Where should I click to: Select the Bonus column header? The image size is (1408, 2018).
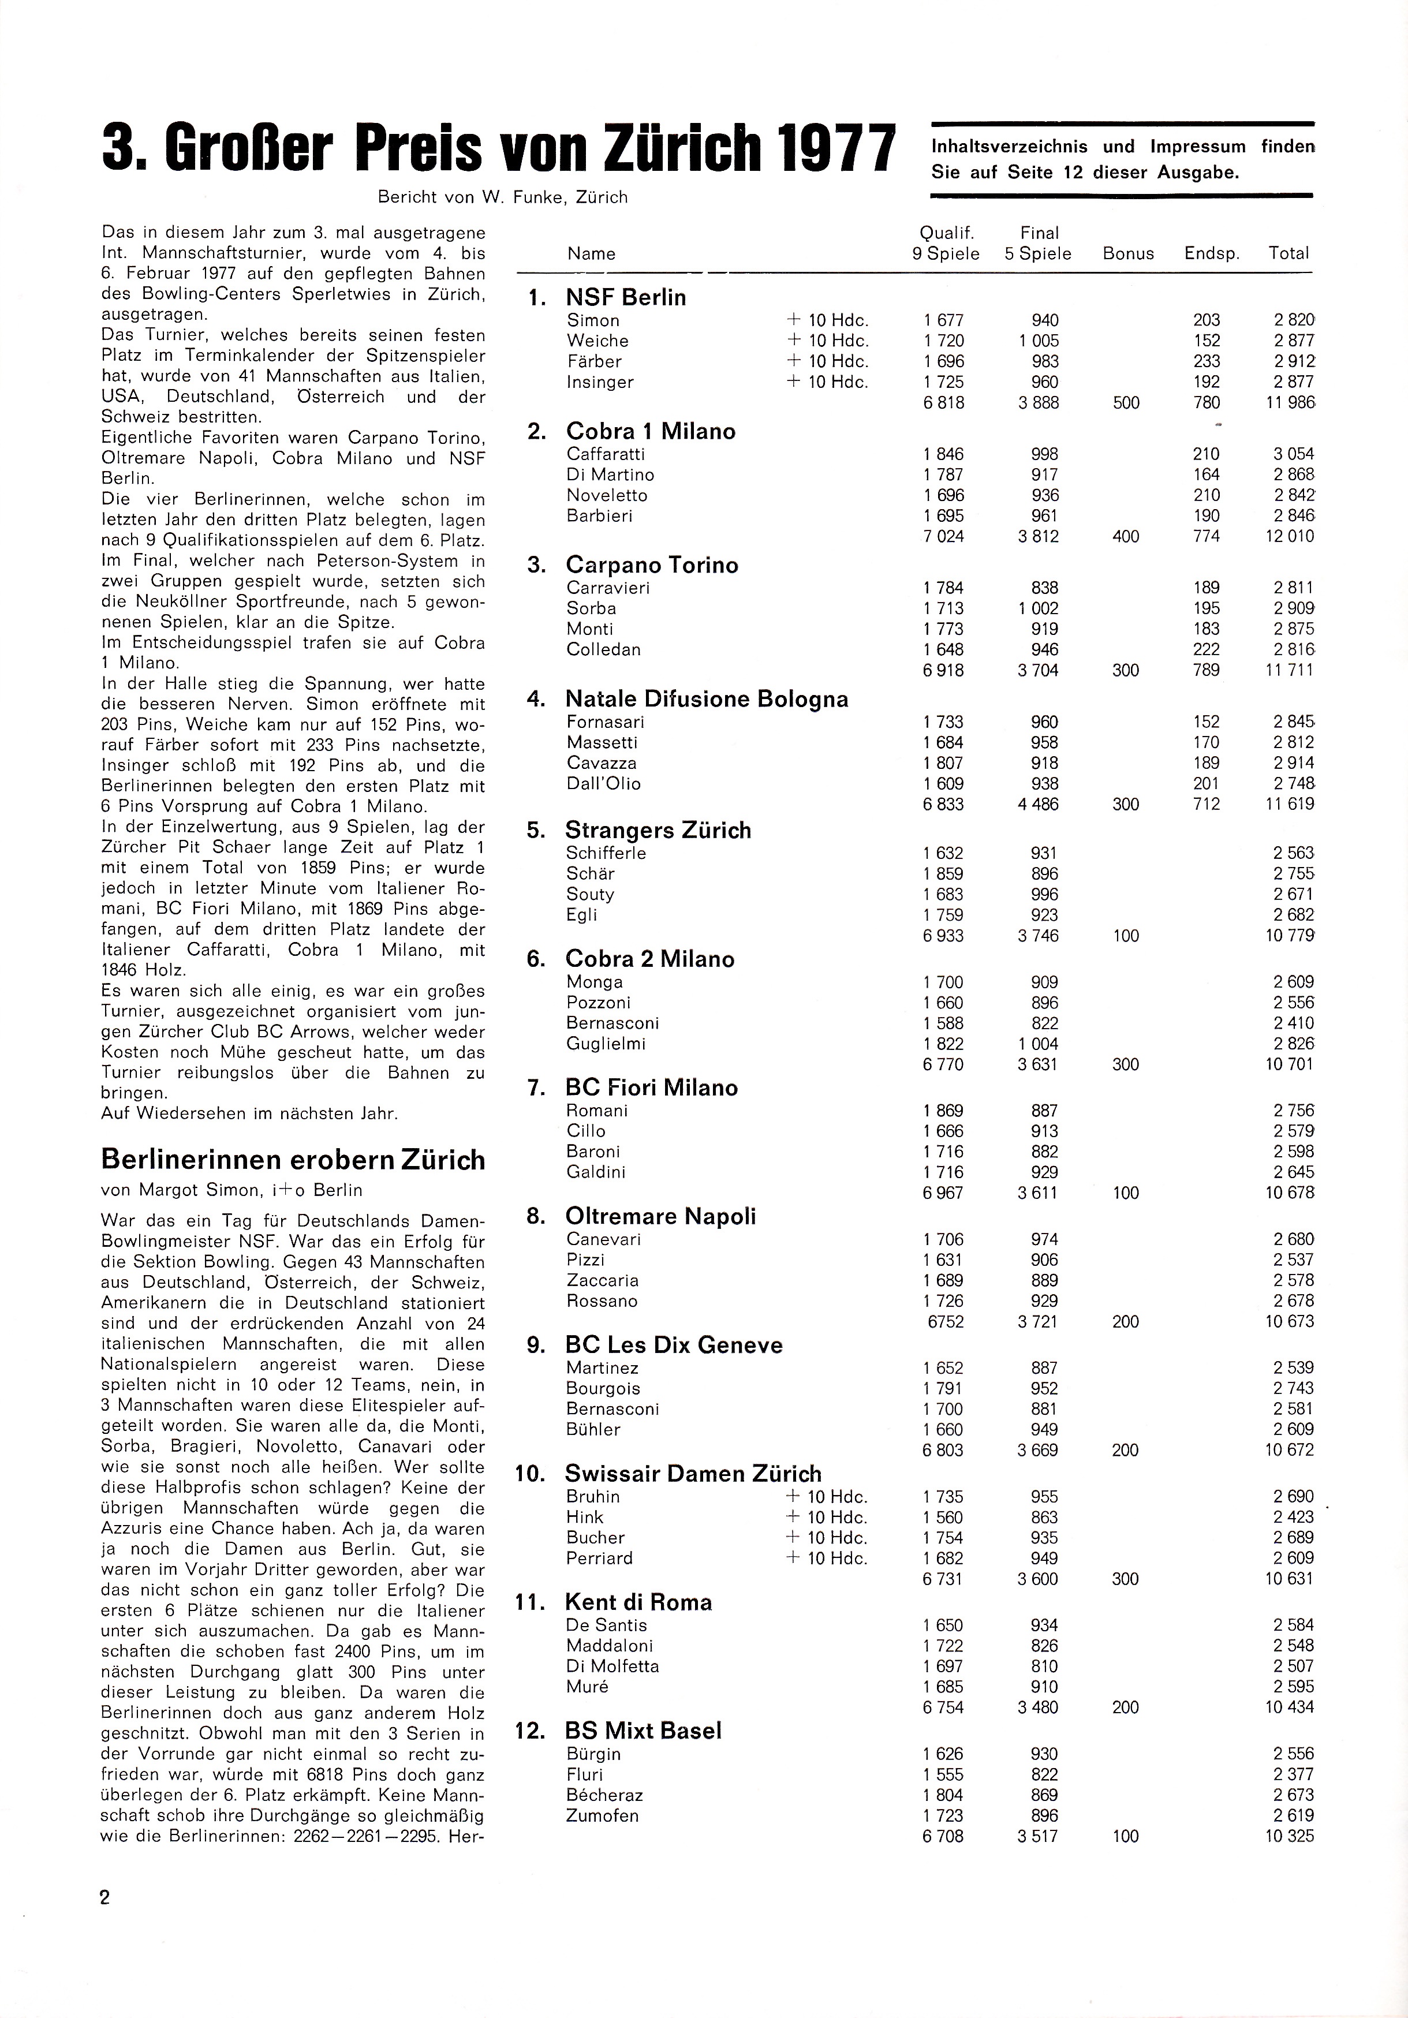coord(1127,253)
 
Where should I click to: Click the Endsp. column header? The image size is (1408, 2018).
coord(1211,253)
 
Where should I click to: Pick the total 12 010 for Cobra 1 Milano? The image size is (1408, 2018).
coord(1289,536)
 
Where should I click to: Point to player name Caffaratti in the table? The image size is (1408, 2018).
coord(606,454)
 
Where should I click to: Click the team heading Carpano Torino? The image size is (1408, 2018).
coord(651,565)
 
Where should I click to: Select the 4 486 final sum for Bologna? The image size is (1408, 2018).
coord(1038,804)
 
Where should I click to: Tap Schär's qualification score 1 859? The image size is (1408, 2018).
coord(943,874)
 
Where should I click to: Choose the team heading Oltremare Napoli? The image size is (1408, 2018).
coord(660,1216)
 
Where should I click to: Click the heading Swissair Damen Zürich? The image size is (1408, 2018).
coord(693,1473)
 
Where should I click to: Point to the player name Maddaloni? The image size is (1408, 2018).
coord(609,1645)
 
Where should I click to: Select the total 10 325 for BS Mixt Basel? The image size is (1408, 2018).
coord(1289,1836)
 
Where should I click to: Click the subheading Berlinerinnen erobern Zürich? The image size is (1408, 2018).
coord(293,1160)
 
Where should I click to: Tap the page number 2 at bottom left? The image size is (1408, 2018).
coord(106,1897)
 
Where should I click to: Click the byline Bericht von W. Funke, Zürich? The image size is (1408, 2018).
coord(503,197)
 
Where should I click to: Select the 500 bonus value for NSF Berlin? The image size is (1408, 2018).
coord(1126,402)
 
